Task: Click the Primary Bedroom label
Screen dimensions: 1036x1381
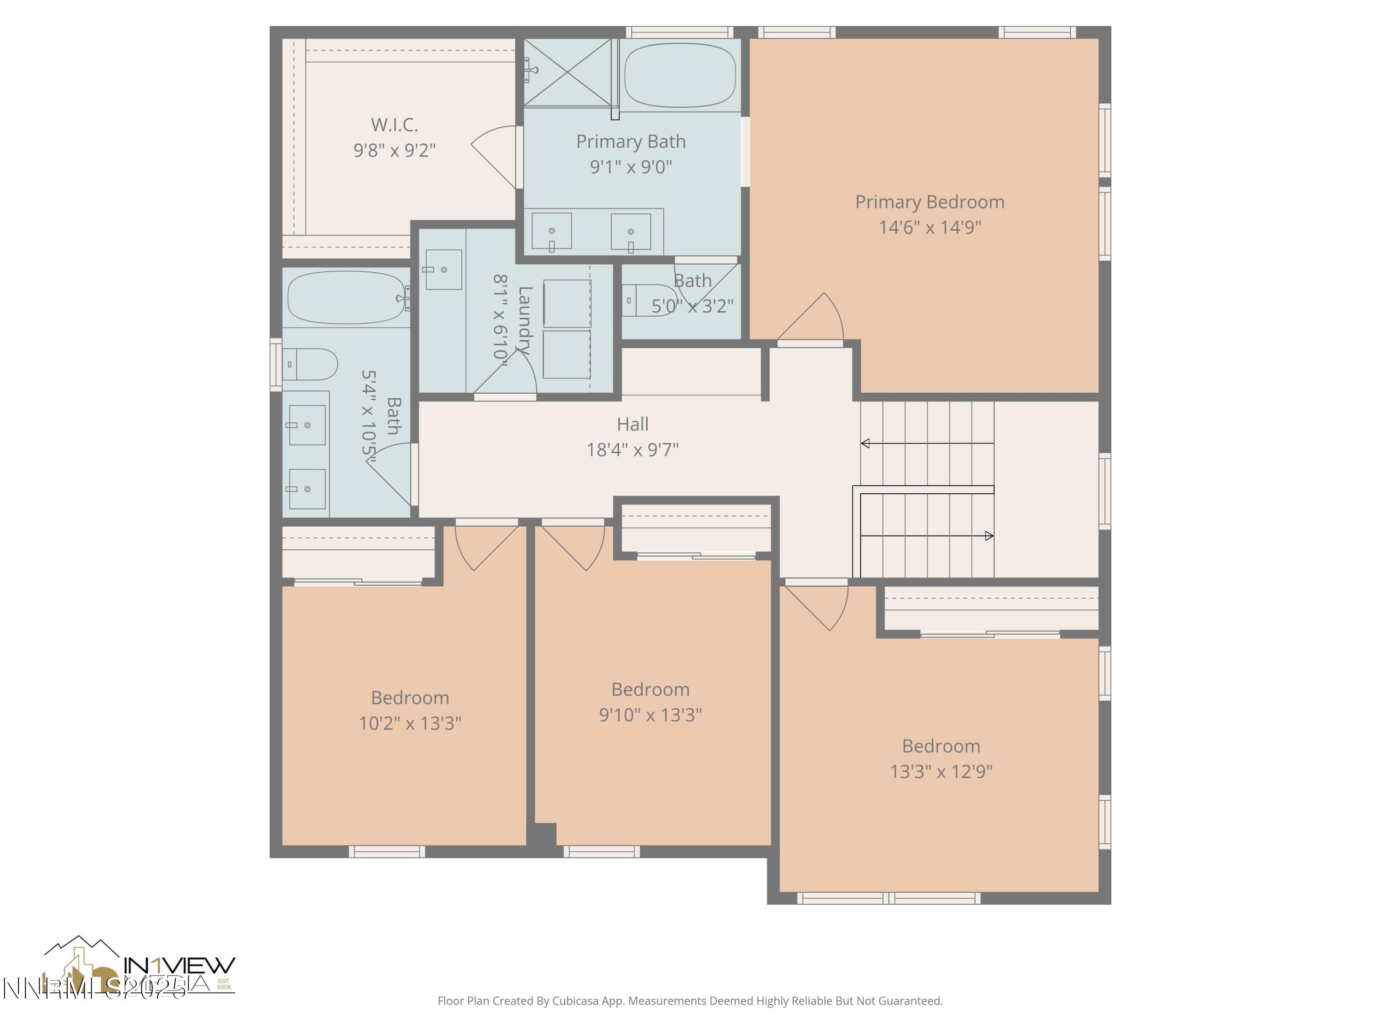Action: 929,202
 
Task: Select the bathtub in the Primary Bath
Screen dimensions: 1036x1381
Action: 679,75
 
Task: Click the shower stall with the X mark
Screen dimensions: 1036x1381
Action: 568,72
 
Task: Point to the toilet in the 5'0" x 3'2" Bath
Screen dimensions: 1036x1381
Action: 649,300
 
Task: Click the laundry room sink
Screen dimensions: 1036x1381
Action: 443,270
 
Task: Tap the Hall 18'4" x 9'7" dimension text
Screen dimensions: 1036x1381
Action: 632,449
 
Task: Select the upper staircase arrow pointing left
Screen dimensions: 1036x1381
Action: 866,443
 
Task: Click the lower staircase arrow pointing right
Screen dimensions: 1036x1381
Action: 988,536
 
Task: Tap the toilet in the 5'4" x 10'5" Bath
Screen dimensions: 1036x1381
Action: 311,364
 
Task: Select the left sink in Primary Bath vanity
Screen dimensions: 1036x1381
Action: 551,231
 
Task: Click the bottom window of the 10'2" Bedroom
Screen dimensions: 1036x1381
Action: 387,851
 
